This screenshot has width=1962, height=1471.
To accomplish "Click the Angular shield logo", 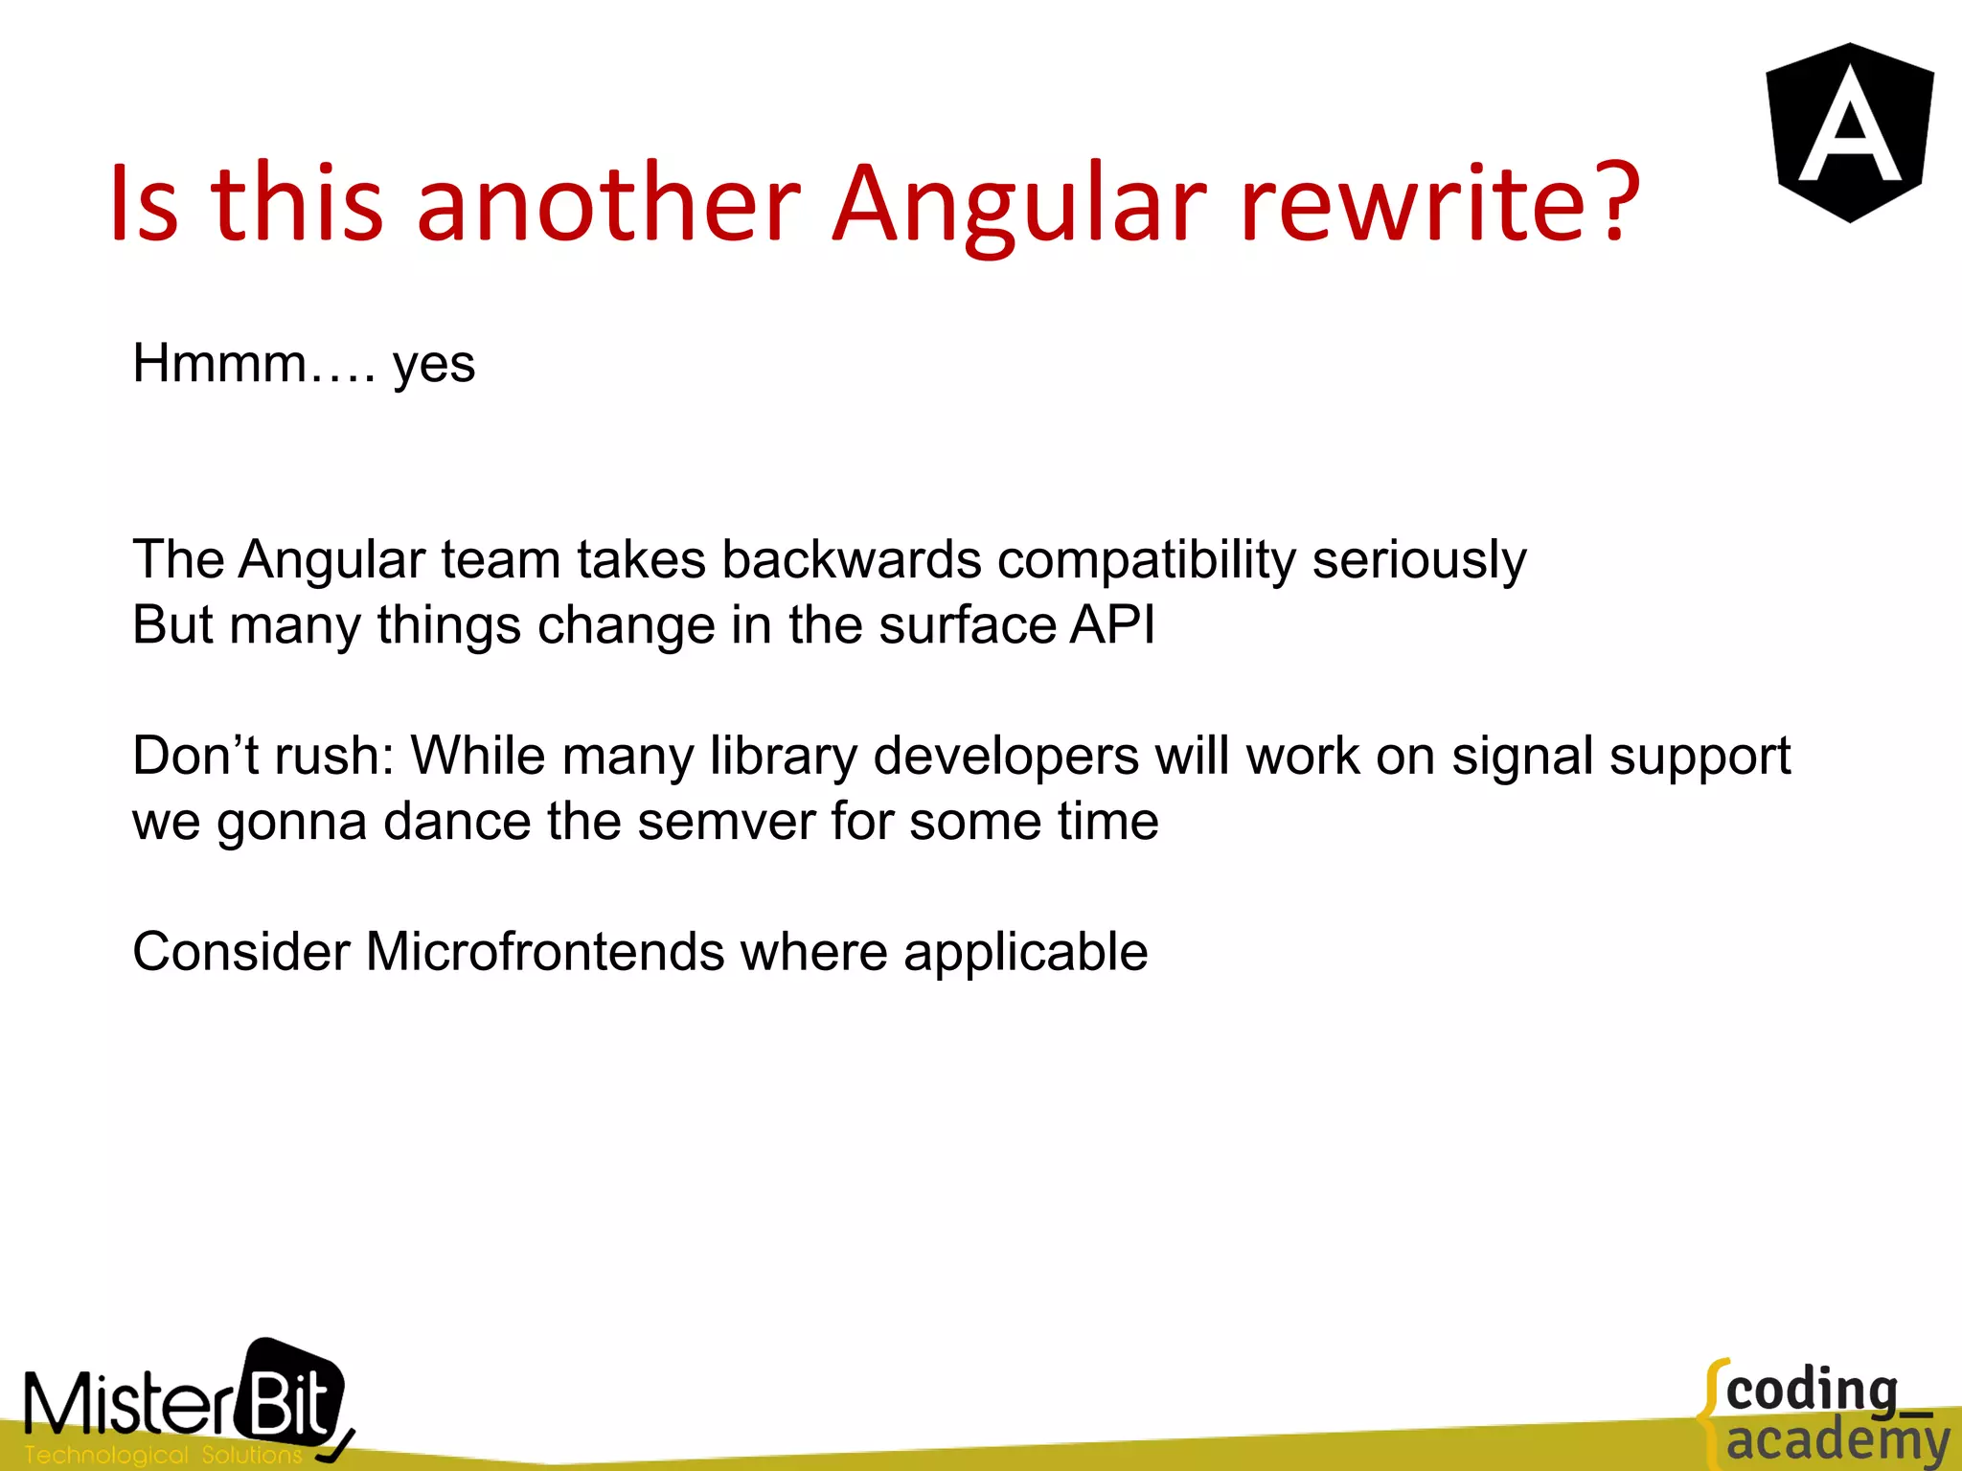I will point(1849,132).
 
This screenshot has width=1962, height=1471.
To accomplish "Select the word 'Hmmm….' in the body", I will point(254,364).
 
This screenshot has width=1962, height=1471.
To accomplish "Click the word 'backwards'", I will point(851,559).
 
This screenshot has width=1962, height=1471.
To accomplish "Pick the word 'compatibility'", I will point(1146,559).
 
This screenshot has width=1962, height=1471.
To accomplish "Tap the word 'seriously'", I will point(1419,559).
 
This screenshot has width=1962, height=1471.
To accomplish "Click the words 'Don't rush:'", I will point(263,756).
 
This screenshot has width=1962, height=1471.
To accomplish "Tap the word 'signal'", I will point(1522,756).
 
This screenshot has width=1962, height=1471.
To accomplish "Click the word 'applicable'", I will point(1025,952).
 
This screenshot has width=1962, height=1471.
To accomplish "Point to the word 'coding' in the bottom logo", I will point(1811,1391).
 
